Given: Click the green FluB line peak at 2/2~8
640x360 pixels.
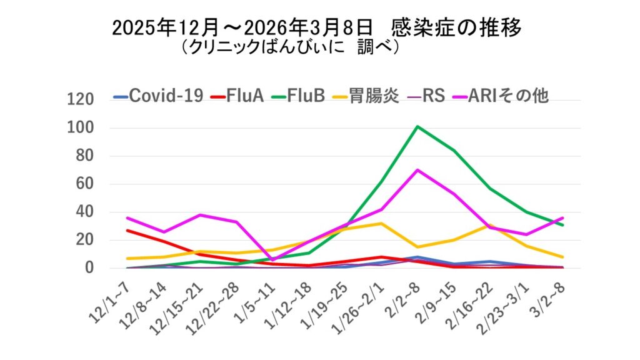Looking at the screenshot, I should (x=417, y=126).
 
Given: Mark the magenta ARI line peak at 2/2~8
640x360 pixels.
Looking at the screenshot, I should (x=417, y=170).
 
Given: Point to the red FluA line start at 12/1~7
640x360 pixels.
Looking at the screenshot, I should (x=128, y=231).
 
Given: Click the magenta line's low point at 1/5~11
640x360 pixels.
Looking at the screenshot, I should (x=273, y=259).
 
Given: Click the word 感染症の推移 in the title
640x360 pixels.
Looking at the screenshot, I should (x=456, y=27).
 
